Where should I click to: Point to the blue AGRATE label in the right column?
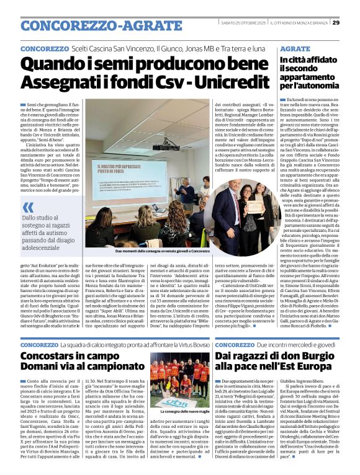294,48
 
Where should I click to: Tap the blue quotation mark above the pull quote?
28,206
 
